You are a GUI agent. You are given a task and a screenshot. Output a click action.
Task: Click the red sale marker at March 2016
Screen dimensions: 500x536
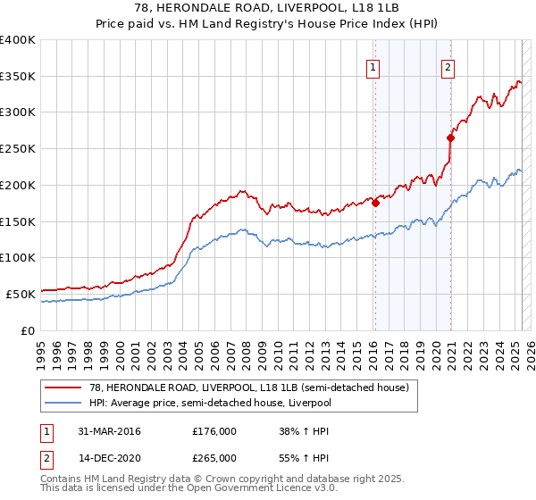pos(375,203)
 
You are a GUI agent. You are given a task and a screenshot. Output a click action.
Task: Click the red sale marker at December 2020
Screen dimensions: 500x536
pos(451,137)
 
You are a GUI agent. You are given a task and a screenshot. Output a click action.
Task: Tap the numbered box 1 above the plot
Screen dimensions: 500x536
pos(372,65)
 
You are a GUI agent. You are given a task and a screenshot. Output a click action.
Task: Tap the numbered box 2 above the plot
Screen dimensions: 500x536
pos(447,65)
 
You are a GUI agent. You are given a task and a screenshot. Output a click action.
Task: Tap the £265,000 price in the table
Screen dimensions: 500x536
pos(214,457)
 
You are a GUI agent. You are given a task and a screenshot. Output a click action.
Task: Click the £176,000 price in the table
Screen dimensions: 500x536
pos(214,431)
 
